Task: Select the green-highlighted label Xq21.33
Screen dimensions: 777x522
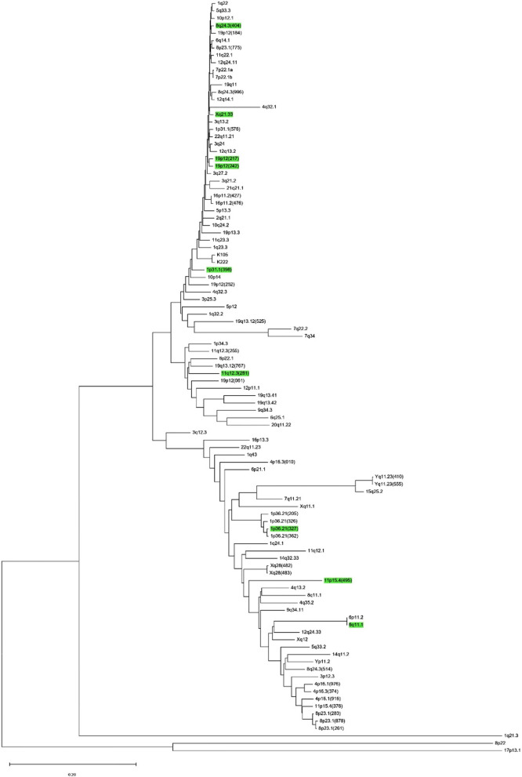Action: coord(224,114)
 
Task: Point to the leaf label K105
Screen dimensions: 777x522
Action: coord(223,255)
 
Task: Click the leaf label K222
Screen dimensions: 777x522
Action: coord(223,262)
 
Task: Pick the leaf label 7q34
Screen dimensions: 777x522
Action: coord(310,336)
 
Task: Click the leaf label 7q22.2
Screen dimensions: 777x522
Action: coord(302,329)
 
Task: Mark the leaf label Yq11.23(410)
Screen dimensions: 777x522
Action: coord(389,477)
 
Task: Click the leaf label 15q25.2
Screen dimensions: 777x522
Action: coord(375,491)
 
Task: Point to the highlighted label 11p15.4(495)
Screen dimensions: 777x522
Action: coord(339,580)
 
